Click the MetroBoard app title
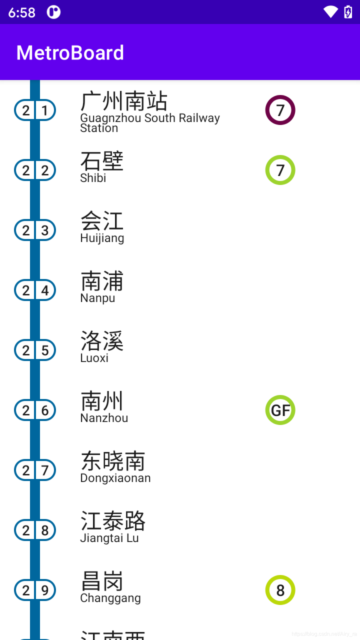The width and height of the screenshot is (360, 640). [70, 53]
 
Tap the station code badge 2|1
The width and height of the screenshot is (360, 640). [35, 110]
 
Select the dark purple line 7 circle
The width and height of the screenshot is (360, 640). [280, 110]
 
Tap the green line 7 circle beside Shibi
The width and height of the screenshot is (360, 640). [280, 170]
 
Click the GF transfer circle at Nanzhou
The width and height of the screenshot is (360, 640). [280, 410]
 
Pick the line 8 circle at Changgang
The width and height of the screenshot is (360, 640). [280, 590]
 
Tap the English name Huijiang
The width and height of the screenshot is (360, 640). [102, 238]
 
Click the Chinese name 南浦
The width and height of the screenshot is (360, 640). [102, 281]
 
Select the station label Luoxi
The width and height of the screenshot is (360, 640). [94, 358]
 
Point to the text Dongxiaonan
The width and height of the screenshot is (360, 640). [115, 478]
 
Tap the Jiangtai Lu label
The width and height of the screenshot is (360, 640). [109, 538]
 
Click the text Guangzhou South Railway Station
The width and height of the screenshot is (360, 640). [149, 122]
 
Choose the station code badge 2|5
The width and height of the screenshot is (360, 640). [35, 350]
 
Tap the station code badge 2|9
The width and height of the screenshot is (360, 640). [35, 590]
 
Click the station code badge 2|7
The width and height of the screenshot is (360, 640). [35, 470]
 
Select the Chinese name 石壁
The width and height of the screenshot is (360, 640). [102, 161]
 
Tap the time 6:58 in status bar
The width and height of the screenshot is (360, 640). [22, 12]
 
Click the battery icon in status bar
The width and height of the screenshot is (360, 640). [348, 12]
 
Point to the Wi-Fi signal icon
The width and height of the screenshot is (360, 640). [330, 12]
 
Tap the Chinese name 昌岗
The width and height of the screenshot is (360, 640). [102, 581]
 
